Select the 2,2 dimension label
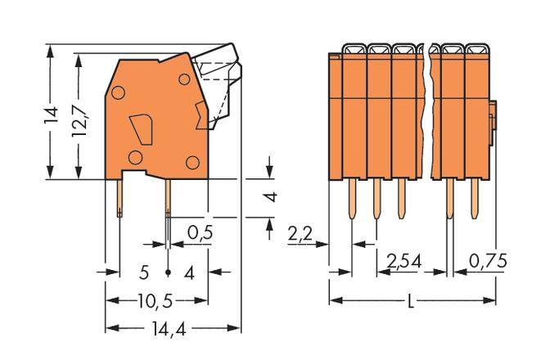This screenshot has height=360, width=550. click(301, 236)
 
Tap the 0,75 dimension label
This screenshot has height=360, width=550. click(487, 262)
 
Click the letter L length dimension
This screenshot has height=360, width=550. click(411, 301)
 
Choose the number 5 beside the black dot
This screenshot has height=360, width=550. click(143, 272)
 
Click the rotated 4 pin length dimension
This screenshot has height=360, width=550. click(272, 196)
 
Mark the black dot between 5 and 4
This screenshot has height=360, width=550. click(168, 272)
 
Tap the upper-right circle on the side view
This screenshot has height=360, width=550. click(184, 79)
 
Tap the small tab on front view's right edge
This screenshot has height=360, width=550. click(495, 115)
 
